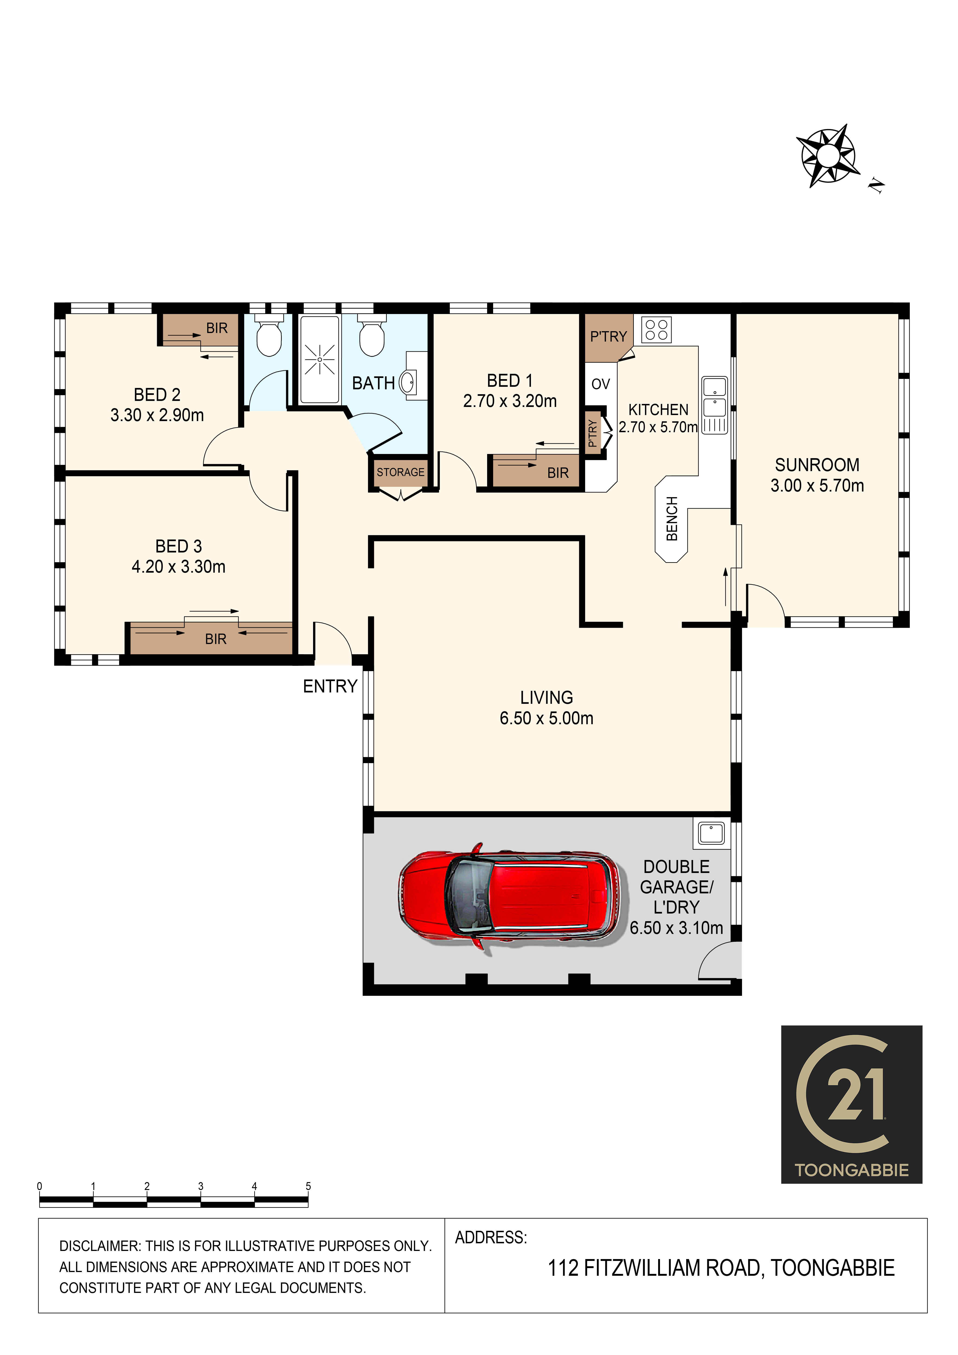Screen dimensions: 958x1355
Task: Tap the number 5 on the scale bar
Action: point(308,1186)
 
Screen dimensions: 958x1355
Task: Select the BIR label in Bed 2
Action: point(217,328)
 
